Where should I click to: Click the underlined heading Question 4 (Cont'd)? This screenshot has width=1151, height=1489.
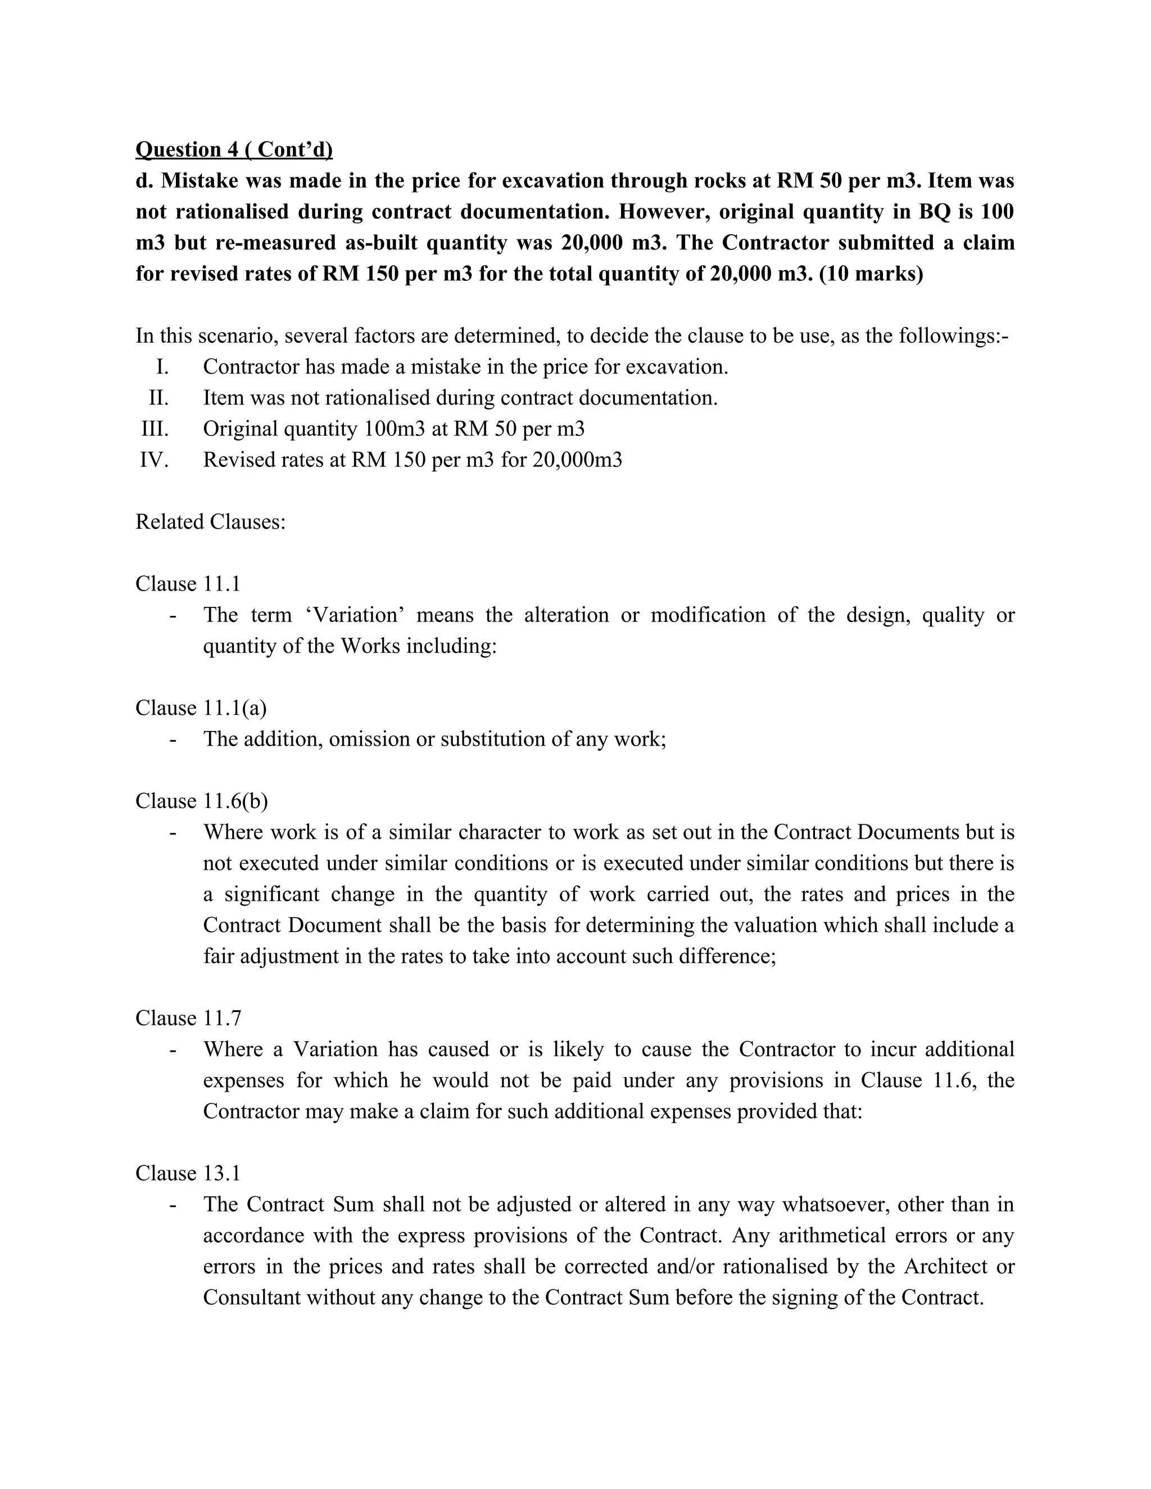234,149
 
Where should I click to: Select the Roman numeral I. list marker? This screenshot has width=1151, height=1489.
162,367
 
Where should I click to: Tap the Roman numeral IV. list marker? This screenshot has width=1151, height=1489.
154,460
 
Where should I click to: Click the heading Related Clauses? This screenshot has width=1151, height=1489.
210,521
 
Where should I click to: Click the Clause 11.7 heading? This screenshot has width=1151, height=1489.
188,1018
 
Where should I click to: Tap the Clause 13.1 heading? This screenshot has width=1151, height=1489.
188,1173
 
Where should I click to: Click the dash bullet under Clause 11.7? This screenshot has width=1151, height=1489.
173,1049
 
